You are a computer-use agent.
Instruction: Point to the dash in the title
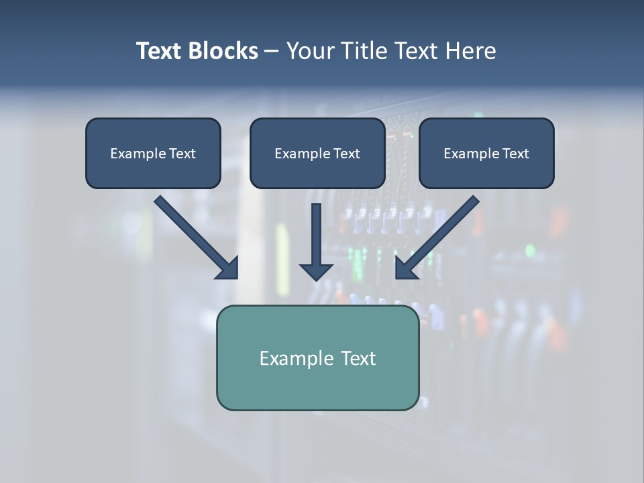click(272, 52)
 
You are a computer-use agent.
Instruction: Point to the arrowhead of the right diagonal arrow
click(405, 268)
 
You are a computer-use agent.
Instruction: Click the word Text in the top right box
click(515, 154)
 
